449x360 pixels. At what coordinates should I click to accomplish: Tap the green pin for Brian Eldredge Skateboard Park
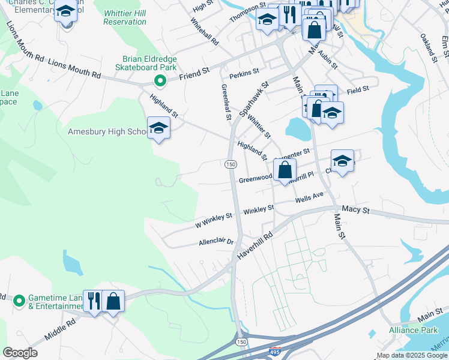click(159, 80)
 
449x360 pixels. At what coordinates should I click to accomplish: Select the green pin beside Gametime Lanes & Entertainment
click(19, 299)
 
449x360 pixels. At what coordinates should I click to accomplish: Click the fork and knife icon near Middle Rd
click(94, 301)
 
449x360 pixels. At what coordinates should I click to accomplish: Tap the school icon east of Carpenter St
click(342, 161)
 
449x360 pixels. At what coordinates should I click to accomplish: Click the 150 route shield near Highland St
click(231, 164)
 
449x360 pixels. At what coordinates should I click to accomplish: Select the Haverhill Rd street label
click(255, 245)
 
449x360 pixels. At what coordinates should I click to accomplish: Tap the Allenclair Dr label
click(216, 242)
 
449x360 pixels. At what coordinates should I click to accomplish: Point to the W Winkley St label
click(214, 220)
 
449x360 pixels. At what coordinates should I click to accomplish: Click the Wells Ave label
click(309, 197)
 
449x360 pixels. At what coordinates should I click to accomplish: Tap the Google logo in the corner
click(20, 353)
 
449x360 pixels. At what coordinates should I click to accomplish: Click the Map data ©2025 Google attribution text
click(412, 355)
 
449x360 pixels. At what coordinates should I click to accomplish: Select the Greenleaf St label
click(226, 102)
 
